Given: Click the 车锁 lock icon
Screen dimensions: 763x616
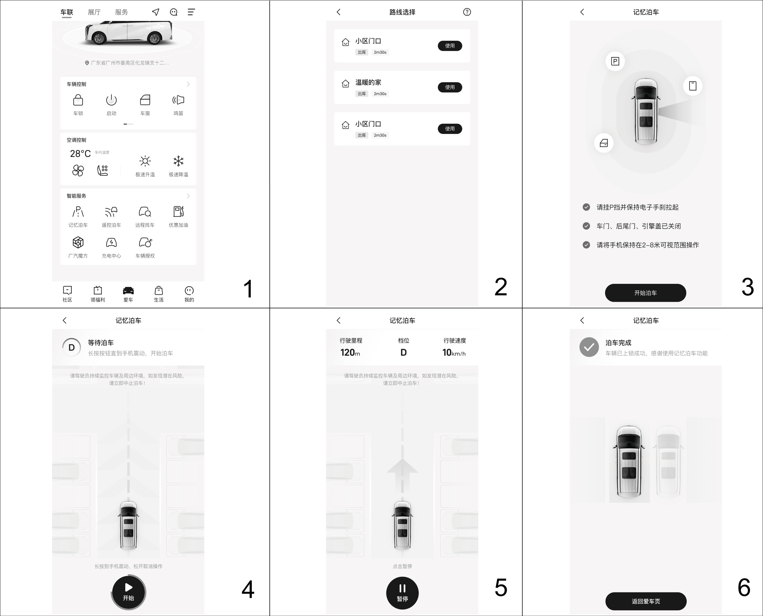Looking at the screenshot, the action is click(x=78, y=100).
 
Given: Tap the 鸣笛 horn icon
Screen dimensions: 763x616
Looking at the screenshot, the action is click(x=178, y=100).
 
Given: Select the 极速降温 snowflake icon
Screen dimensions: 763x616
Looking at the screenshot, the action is click(x=178, y=161).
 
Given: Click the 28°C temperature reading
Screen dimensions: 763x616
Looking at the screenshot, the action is click(x=80, y=154).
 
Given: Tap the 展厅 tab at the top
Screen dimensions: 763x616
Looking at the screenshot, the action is click(x=94, y=12).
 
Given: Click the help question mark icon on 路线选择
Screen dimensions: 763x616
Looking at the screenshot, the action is click(x=467, y=12).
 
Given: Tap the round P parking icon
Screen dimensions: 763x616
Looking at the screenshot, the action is click(x=615, y=61).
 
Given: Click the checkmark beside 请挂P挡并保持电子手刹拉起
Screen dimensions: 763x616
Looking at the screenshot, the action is click(x=586, y=207).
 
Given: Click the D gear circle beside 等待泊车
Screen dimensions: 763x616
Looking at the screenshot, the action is click(x=72, y=347).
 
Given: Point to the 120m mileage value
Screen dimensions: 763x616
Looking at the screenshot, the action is click(x=350, y=352).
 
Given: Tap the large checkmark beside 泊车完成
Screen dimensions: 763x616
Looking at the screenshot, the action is click(x=589, y=347).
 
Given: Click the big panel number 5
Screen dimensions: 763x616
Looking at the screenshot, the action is click(x=501, y=588).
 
